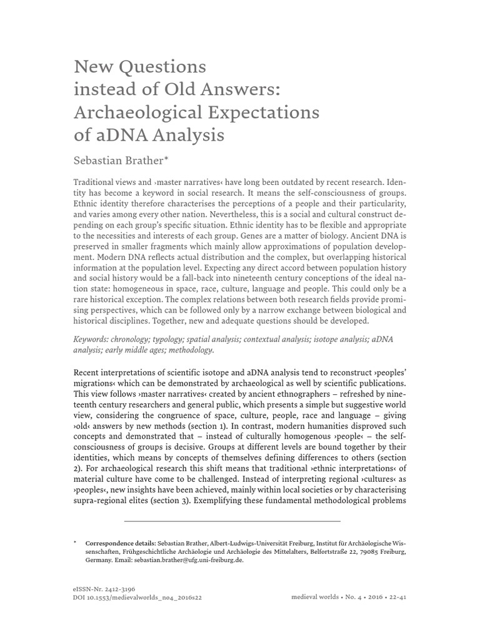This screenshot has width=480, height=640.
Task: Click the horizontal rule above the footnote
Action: (232, 521)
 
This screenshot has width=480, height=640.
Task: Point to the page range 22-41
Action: (395, 597)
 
